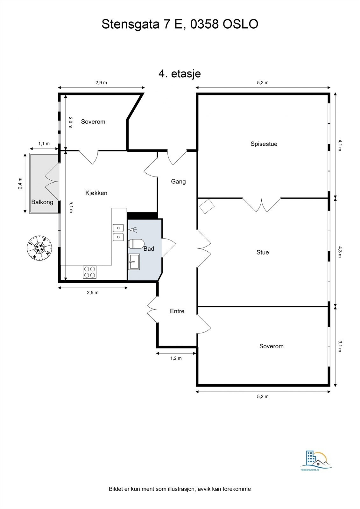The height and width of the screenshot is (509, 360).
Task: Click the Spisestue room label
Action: [264, 144]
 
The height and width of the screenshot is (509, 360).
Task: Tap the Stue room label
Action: [263, 253]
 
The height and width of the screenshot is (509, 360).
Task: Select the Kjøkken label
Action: [96, 193]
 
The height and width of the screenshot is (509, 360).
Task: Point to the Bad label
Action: [149, 249]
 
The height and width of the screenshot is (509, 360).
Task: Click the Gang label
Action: [178, 182]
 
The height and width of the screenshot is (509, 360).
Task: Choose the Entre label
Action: [177, 311]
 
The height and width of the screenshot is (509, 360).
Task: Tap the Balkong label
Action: [42, 202]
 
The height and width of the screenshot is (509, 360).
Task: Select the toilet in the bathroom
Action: [136, 244]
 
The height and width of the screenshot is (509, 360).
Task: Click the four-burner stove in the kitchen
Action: [89, 272]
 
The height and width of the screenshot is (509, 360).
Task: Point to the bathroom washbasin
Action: [134, 262]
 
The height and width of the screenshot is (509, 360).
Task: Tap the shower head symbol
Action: [133, 230]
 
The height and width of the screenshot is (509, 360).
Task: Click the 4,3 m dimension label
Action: [340, 252]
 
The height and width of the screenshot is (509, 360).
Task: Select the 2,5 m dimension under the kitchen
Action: [93, 292]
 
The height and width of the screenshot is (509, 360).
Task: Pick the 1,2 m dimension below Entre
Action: [176, 358]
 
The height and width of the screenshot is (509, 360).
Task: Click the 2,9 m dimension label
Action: [101, 83]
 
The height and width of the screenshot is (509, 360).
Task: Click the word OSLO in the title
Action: [240, 24]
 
